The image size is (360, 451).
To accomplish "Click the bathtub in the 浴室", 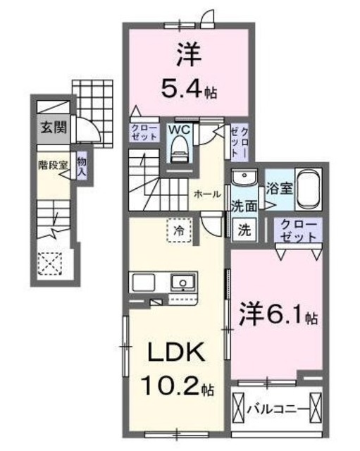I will click(309, 189).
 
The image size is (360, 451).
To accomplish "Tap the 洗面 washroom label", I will click(242, 206).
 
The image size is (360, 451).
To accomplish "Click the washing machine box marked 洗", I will click(244, 229).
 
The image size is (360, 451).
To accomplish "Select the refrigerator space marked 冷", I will click(180, 229).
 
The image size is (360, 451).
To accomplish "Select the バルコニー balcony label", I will click(277, 408).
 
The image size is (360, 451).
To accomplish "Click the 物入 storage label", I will click(82, 167).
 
